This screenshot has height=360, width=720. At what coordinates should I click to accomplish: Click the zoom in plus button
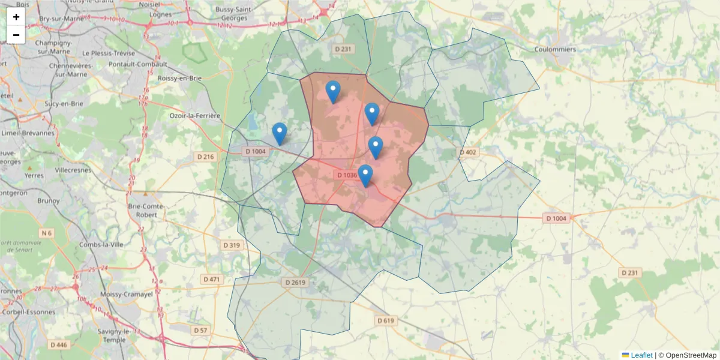pos(16,17)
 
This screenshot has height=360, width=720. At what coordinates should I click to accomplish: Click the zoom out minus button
pos(16,35)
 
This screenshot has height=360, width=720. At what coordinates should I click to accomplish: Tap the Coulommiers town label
pos(556,49)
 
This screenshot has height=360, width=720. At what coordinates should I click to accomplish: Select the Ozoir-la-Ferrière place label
pos(195,115)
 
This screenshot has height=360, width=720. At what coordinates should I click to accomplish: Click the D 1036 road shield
pos(347,175)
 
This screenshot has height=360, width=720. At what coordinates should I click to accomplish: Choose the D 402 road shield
pos(467,152)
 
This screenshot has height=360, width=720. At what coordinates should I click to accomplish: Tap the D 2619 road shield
pos(295,282)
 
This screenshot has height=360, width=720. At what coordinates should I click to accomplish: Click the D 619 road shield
pos(386,321)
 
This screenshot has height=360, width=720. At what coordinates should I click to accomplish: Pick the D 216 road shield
pos(205,157)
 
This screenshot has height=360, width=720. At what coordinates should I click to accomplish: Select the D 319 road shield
pos(231,245)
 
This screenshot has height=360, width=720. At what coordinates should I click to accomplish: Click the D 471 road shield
pos(212,279)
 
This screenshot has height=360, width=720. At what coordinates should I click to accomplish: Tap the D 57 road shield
pos(200,331)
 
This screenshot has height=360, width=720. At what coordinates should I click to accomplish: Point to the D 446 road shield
pos(59,345)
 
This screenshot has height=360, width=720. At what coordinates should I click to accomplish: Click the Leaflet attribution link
pos(641,355)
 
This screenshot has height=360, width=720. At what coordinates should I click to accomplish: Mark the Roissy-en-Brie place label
pos(179,78)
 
